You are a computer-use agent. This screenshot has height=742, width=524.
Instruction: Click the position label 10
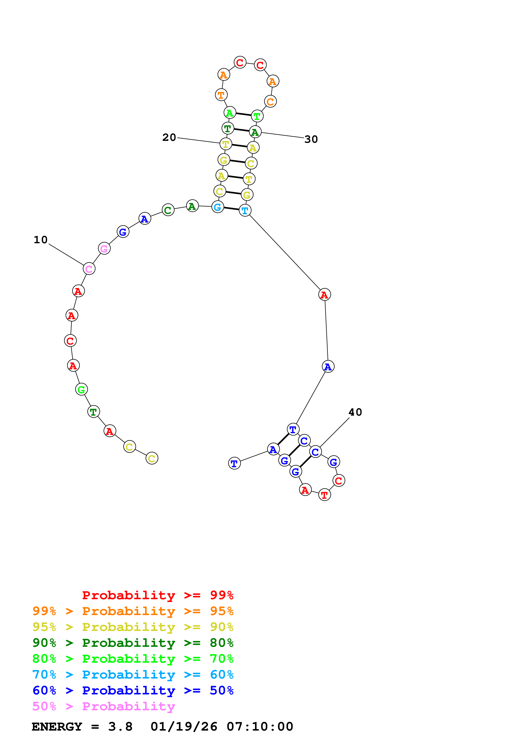[x=41, y=240]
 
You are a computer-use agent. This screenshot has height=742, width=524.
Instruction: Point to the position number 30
[x=311, y=139]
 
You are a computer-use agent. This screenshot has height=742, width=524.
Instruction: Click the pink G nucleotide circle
[x=104, y=249]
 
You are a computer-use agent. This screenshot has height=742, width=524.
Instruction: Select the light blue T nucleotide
[x=245, y=211]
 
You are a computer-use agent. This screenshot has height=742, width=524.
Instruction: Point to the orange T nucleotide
[x=221, y=95]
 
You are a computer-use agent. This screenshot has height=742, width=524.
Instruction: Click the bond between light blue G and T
[x=231, y=209]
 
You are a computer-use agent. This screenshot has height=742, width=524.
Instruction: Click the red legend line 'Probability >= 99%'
[x=157, y=595]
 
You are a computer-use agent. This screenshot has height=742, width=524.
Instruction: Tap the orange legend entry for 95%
[x=133, y=611]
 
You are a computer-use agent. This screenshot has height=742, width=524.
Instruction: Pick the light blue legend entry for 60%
[x=133, y=675]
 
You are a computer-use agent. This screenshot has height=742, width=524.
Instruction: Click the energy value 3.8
[x=120, y=727]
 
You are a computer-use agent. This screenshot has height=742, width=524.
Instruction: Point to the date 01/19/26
[x=184, y=727]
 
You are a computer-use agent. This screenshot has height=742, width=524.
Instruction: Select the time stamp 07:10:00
[x=260, y=727]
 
